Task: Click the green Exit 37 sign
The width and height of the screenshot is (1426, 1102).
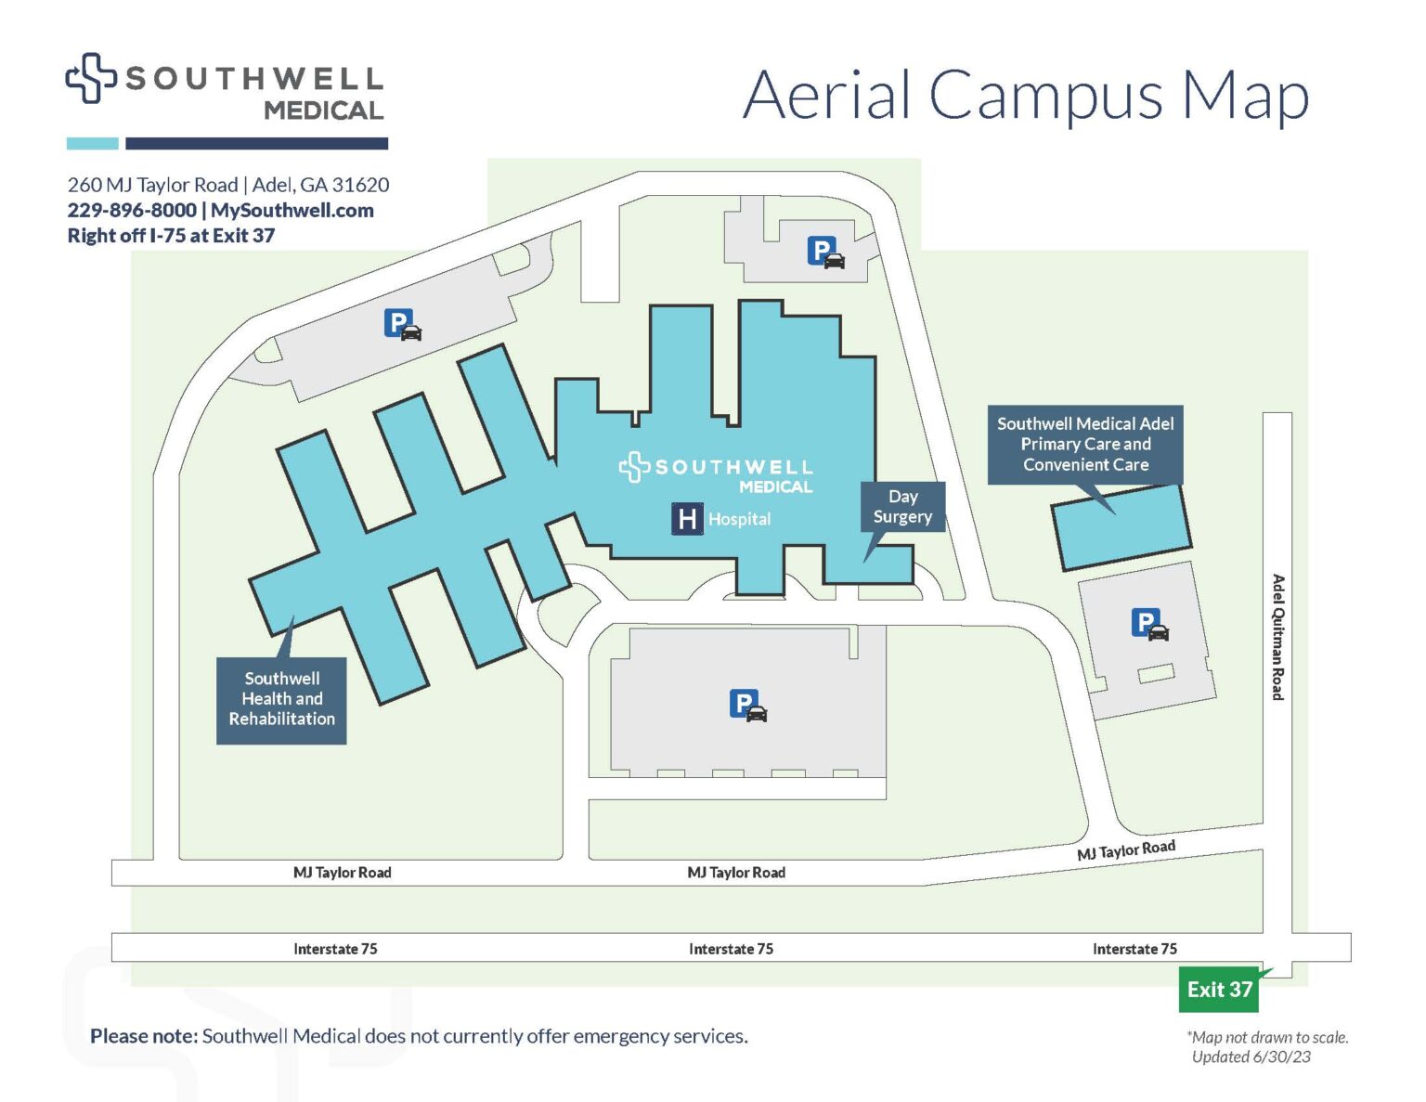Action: click(1220, 990)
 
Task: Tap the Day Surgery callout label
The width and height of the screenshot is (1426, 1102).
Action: click(902, 507)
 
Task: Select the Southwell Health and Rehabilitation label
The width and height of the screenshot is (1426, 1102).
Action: click(281, 699)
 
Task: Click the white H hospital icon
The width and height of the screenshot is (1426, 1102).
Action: click(687, 519)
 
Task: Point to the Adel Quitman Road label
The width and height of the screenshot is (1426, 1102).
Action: click(1278, 637)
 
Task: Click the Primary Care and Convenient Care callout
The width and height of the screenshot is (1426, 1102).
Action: click(1085, 444)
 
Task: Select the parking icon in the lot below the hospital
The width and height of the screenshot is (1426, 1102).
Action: click(747, 706)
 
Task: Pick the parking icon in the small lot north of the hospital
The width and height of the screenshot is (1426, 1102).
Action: click(825, 252)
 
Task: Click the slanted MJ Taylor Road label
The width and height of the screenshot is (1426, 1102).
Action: click(1125, 849)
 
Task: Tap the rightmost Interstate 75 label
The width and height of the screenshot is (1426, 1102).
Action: click(1134, 949)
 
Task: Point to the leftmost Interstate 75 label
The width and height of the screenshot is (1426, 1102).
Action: click(335, 949)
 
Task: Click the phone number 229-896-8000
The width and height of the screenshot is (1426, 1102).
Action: click(132, 211)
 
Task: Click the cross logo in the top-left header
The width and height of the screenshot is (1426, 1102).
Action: click(90, 78)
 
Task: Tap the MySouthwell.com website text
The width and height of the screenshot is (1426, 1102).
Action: click(292, 211)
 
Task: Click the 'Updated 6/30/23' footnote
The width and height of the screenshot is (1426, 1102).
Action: click(1251, 1057)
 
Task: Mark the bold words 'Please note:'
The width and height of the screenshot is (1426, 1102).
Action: click(144, 1036)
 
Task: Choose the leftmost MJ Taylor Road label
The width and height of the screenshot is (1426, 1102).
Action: click(342, 873)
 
